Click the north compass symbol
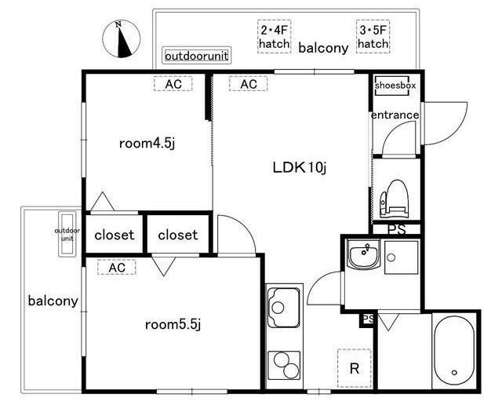121,38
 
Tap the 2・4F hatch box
274,37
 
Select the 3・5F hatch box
373,37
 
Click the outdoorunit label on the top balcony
197,56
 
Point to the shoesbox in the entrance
392,86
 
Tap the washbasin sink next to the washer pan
364,254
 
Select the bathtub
454,350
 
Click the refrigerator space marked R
355,368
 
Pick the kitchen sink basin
284,308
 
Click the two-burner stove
284,365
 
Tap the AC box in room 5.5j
117,267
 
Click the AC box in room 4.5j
173,84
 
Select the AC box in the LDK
248,84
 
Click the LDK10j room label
300,167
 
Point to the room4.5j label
147,143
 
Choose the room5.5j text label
173,325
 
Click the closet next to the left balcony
115,234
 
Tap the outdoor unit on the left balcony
67,234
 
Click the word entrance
395,115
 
